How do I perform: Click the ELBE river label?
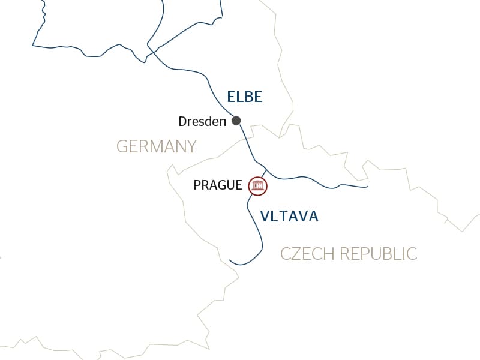[245, 97]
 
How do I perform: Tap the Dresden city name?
[202, 122]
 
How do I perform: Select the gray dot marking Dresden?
[236, 120]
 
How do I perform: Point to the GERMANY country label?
[156, 146]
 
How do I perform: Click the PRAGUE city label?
[218, 185]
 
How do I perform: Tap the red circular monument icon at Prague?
[258, 186]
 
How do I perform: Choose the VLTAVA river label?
[289, 217]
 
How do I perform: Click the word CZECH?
[308, 254]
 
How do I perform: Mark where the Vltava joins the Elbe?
[266, 169]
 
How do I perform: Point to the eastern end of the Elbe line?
[367, 187]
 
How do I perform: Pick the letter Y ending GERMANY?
[191, 146]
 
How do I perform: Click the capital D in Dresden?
[183, 122]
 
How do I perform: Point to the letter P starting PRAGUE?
[197, 185]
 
